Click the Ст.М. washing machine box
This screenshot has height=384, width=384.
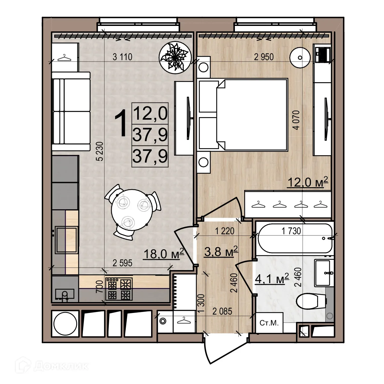(x=269, y=323)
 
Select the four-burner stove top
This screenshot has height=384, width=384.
(x=119, y=289)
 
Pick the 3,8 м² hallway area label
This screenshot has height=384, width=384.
(x=221, y=251)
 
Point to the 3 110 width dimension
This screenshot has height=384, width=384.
(x=122, y=57)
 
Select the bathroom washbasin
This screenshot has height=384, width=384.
(x=323, y=273)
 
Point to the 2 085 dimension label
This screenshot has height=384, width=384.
(x=221, y=311)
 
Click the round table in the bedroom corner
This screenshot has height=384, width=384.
(x=300, y=58)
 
